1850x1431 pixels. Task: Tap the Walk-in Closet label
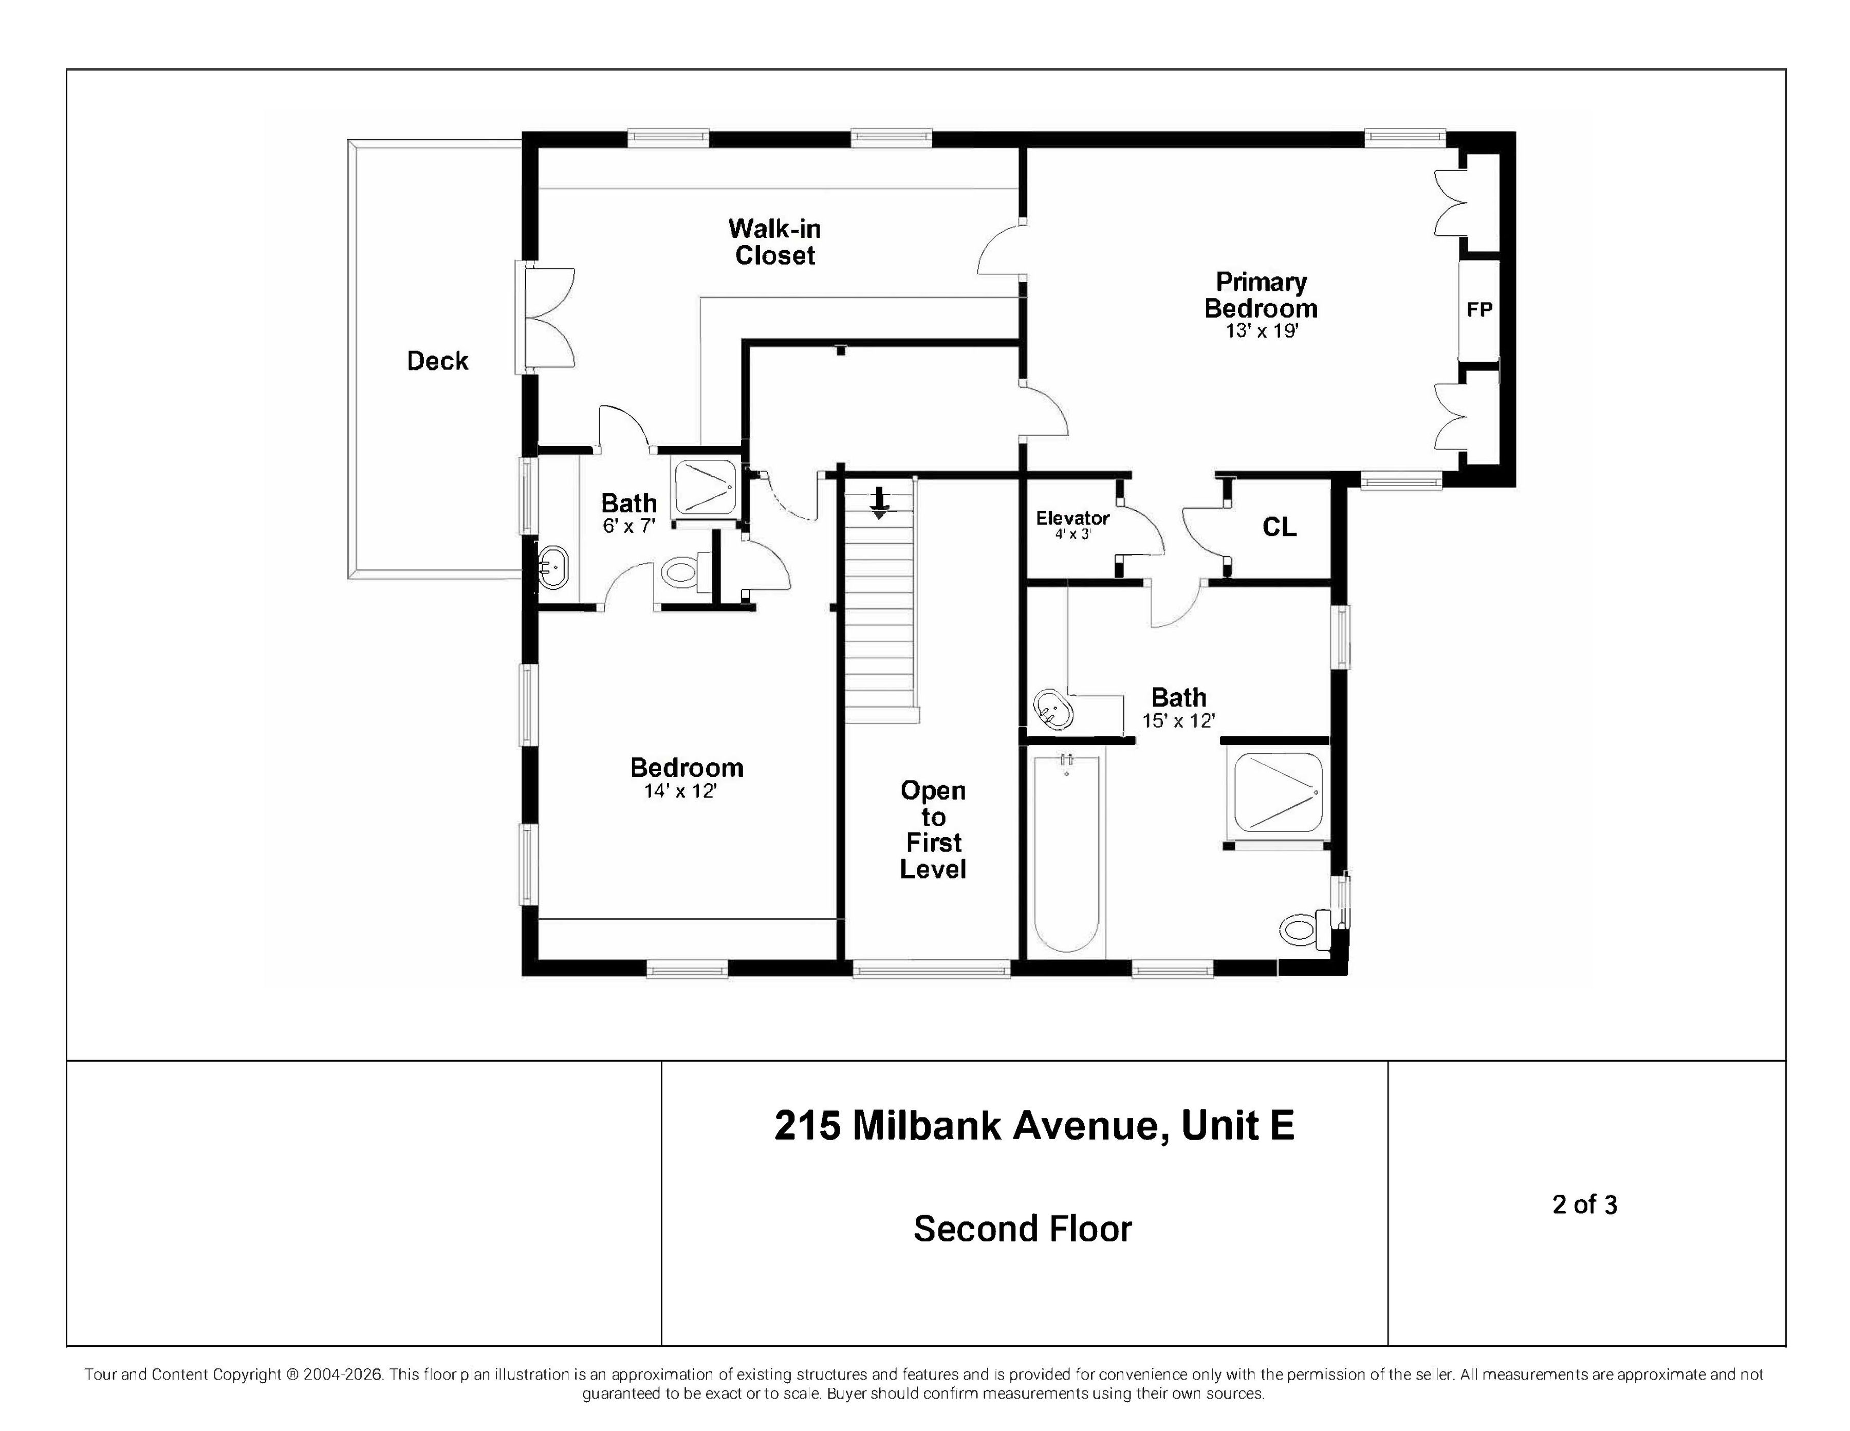[x=774, y=242]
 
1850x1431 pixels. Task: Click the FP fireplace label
[x=1479, y=310]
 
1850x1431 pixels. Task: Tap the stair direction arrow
[x=880, y=502]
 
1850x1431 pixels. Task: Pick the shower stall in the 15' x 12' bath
[x=1278, y=792]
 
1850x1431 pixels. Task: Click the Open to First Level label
[x=933, y=830]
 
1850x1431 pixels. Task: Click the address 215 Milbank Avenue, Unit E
[x=1034, y=1125]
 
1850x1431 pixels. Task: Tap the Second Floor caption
[x=1023, y=1229]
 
